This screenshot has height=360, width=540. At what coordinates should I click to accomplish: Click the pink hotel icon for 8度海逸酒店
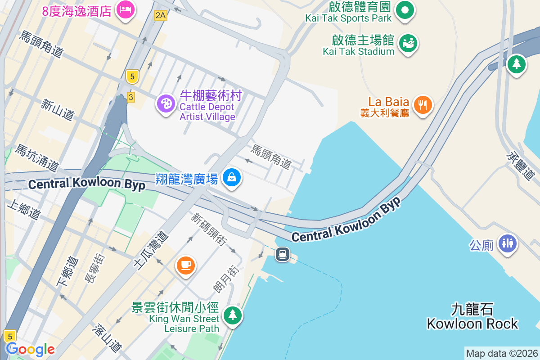tap(125, 9)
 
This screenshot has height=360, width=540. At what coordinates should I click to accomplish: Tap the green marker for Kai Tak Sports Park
tap(405, 10)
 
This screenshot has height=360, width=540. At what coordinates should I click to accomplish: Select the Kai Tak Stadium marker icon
tap(409, 43)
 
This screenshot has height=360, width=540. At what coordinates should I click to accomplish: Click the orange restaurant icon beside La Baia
tap(422, 105)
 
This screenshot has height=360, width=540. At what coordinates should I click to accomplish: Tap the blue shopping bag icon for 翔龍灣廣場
tap(232, 178)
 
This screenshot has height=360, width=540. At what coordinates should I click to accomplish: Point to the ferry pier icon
tap(282, 254)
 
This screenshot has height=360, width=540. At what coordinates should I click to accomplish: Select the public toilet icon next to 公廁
tap(508, 243)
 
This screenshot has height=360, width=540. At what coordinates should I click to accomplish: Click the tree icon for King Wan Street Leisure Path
tap(232, 315)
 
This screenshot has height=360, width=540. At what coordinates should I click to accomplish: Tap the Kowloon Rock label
tap(472, 317)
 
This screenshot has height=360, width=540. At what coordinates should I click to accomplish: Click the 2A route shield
tap(160, 16)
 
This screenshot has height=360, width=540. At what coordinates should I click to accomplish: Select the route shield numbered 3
tap(131, 97)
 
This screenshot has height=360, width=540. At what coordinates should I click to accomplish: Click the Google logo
tap(30, 349)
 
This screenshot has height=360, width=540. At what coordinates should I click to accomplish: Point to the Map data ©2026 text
tap(502, 353)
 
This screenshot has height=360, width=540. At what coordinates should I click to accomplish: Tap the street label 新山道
tap(57, 110)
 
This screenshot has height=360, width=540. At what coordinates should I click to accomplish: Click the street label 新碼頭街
tap(208, 229)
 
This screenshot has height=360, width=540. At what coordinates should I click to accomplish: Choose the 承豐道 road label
tap(522, 165)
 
